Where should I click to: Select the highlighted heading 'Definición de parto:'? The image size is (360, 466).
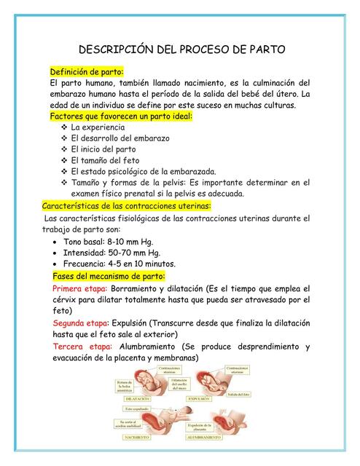pos(86,71)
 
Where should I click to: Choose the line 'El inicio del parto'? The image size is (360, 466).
pos(103,149)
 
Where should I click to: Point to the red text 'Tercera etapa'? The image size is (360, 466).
pos(82,346)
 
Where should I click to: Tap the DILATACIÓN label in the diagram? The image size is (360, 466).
pos(138,400)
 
